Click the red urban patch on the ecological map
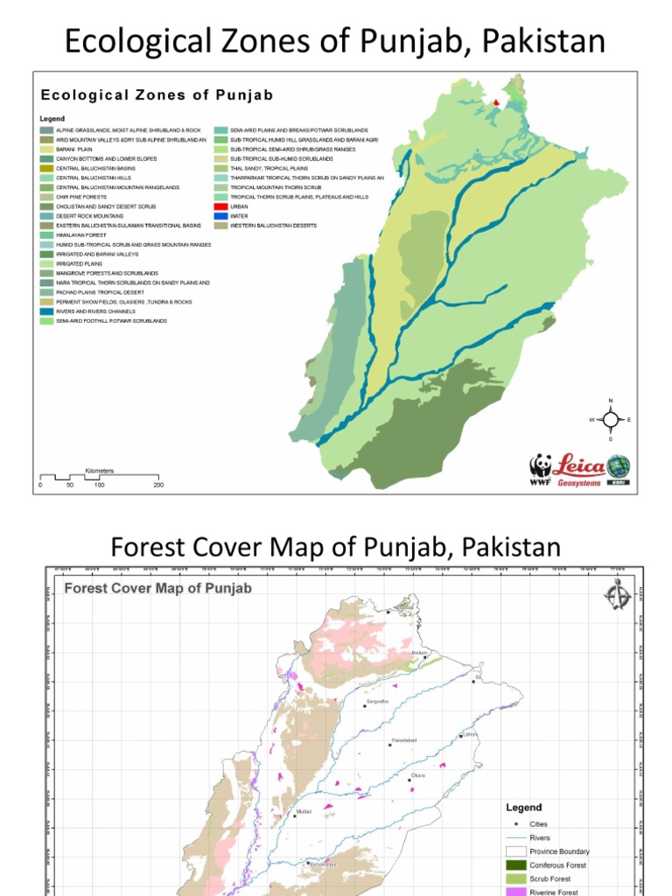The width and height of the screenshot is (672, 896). coord(497,102)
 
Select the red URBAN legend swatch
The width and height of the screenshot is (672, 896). coord(221,206)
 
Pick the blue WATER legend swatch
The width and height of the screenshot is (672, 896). coord(221,216)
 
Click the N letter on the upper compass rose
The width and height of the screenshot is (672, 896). coord(611,401)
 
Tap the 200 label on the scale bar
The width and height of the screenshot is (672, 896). coord(158,484)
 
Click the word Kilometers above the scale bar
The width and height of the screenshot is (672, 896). coord(99,471)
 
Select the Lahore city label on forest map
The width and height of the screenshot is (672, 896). coord(470,734)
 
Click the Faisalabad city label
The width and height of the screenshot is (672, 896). coord(403,740)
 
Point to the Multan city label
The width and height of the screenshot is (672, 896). coord(304,811)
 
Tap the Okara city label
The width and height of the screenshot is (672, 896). coord(417,775)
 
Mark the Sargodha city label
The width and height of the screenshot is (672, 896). coord(377,701)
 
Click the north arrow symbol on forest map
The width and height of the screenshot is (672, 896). coord(617,595)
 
